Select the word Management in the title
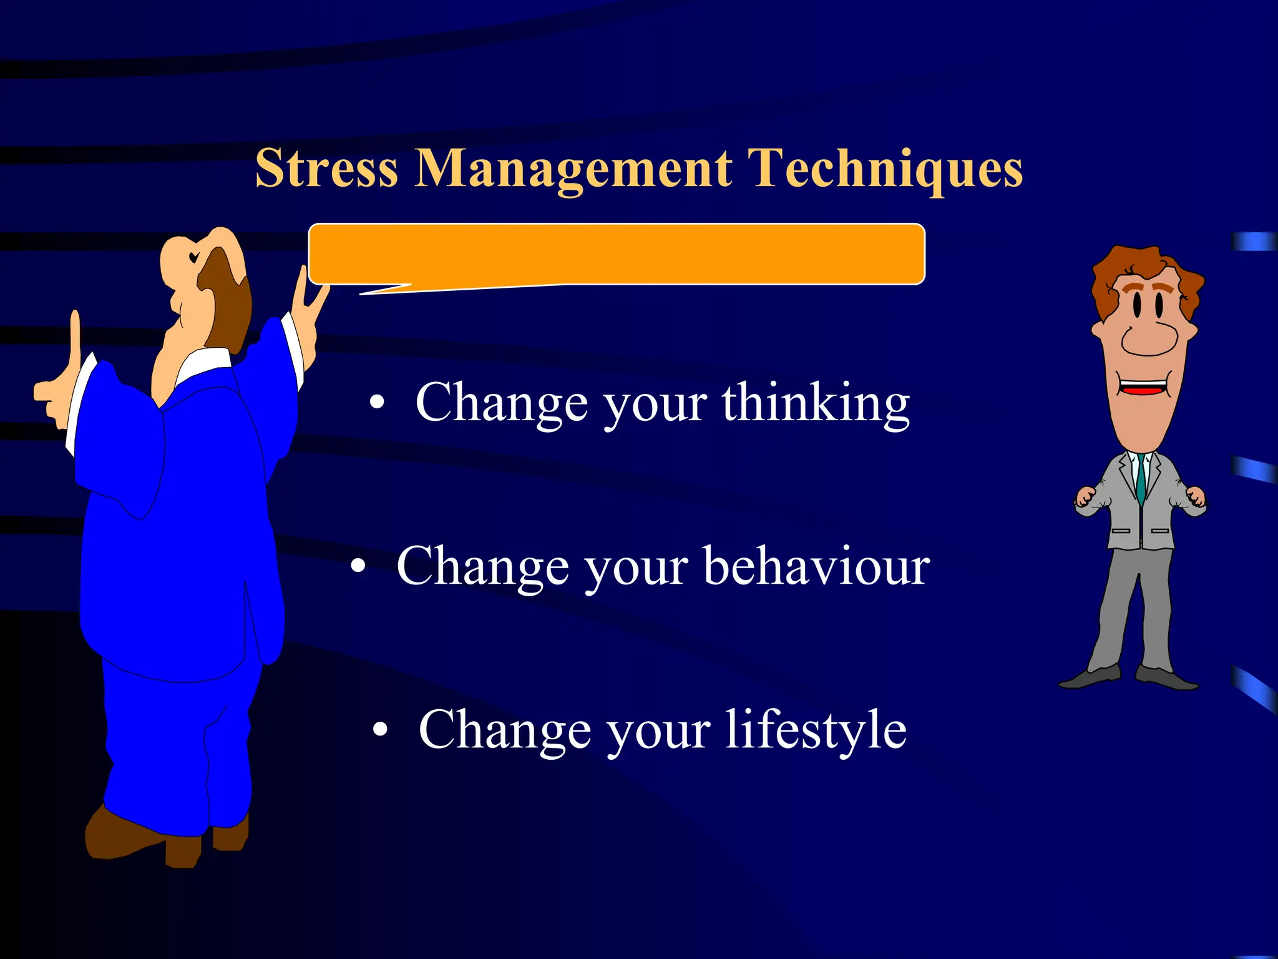[573, 169]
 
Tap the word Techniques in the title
[885, 169]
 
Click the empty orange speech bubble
[617, 253]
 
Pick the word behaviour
[817, 566]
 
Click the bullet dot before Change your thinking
[376, 403]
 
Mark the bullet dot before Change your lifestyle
[380, 729]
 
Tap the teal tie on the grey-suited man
[1141, 478]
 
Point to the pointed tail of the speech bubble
[374, 290]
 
